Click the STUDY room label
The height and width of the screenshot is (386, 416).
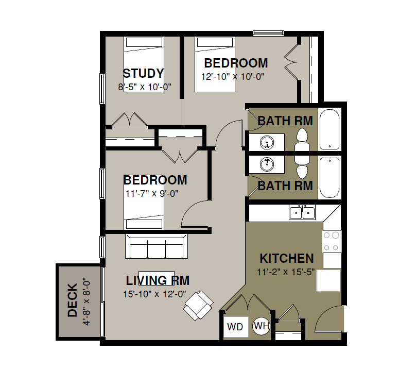pos(143,73)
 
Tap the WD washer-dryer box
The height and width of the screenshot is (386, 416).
pos(236,327)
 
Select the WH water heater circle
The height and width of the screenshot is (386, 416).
pos(262,326)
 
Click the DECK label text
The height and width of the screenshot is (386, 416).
pos(73,300)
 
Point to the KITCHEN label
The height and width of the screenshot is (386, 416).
pos(287,258)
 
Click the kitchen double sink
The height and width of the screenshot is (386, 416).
pos(302,212)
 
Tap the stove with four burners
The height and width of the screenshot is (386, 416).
pos(332,241)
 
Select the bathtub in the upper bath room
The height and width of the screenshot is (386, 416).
pos(330,129)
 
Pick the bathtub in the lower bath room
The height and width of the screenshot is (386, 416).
pos(330,178)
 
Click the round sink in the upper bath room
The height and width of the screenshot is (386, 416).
pos(267,143)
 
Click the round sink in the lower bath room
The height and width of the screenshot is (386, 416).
pos(267,164)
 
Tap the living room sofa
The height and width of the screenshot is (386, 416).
pos(157,246)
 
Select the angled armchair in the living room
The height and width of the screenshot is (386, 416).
pos(198,306)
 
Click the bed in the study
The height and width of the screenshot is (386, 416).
pos(144,64)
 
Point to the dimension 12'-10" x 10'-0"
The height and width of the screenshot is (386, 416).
pos(233,77)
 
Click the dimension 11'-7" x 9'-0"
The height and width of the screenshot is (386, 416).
pos(152,194)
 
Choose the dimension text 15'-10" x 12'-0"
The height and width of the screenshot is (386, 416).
pos(154,294)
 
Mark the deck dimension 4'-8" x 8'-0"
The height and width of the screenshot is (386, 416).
pos(86,301)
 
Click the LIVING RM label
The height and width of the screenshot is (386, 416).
pos(158,280)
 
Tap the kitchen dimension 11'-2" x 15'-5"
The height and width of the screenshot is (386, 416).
pos(286,272)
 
